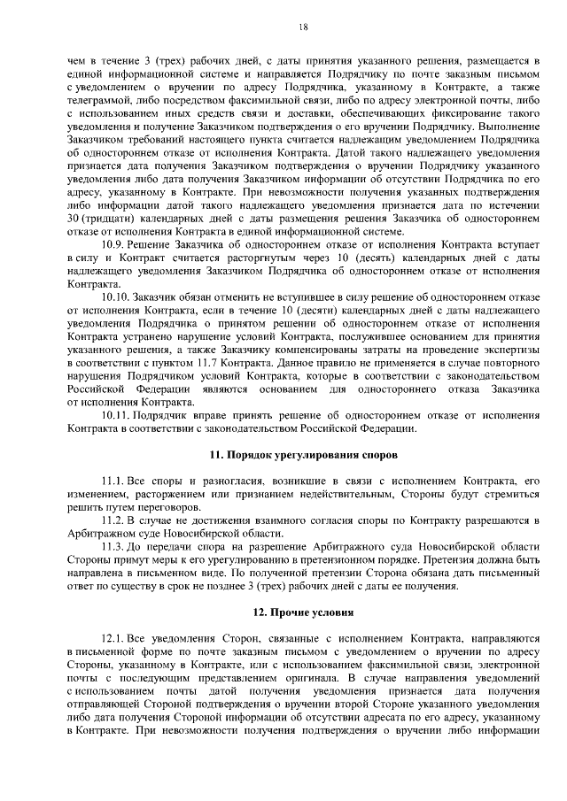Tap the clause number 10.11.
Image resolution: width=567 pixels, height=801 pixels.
(117, 416)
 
